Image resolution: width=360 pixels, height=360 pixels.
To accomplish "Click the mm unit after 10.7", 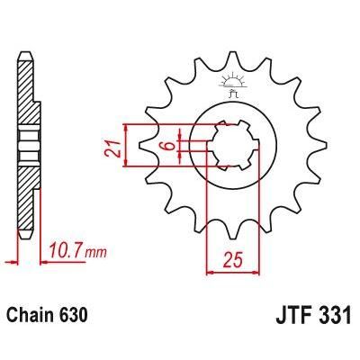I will coord(95,246).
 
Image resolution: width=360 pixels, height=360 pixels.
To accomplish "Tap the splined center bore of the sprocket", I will coord(231,145).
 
